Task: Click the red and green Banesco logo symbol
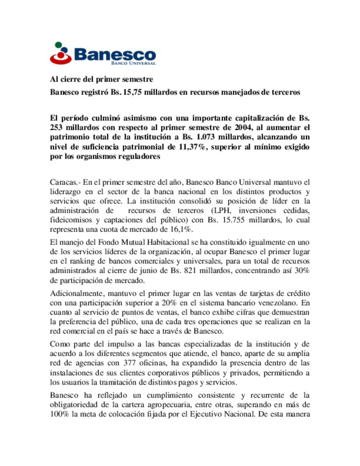point(61,53)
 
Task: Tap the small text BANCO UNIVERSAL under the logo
point(133,63)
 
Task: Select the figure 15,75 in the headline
point(132,92)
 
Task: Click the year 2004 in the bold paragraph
point(243,127)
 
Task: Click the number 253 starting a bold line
point(56,127)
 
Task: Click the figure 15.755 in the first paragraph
point(233,220)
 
